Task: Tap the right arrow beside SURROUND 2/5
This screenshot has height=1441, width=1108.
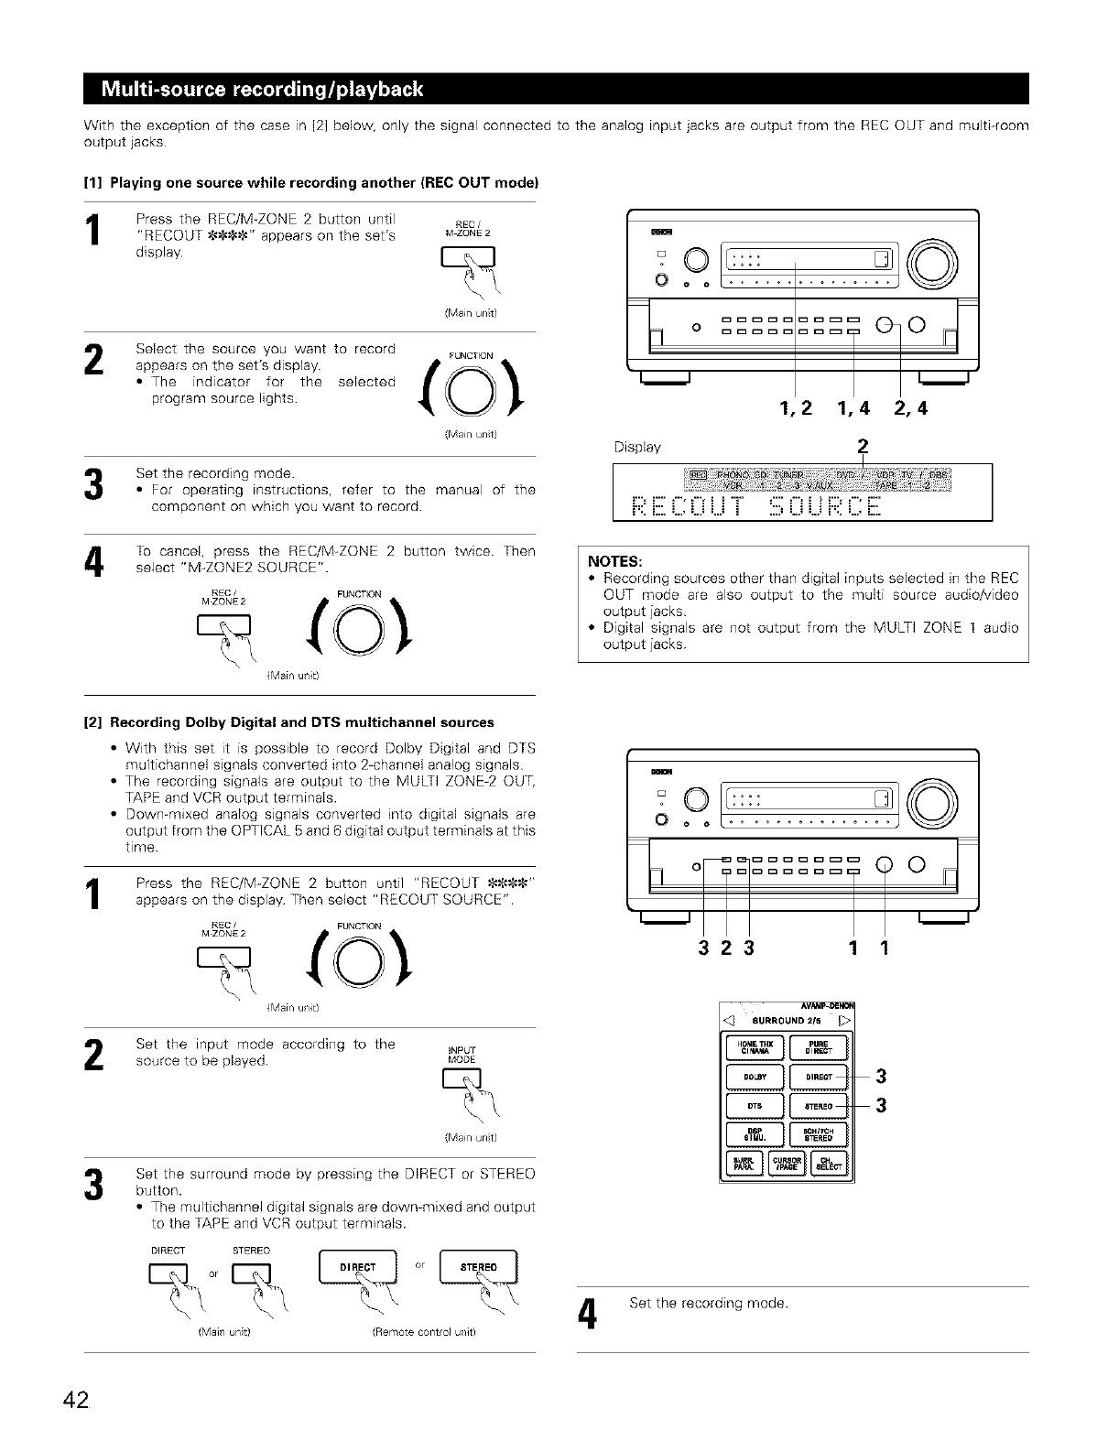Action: tap(847, 1020)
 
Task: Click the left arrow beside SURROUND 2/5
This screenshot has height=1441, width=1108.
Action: tap(730, 1020)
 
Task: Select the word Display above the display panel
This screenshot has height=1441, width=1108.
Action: tap(638, 448)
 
